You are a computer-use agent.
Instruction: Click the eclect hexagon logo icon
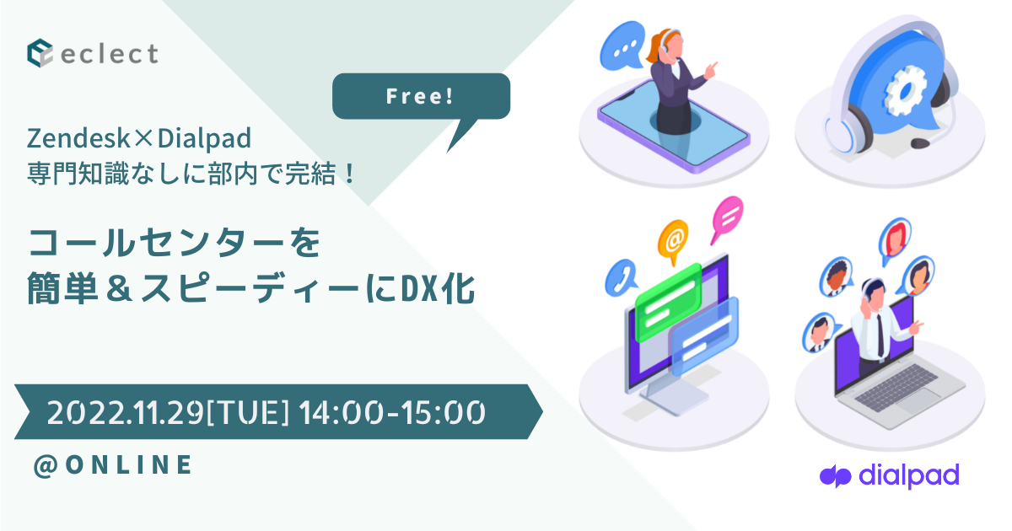[41, 54]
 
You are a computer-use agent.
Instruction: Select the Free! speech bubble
[421, 96]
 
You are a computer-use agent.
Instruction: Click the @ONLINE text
[113, 464]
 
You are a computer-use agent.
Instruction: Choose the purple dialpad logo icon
[834, 476]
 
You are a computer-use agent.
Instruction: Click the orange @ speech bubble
[673, 240]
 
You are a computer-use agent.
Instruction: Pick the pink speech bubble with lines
[726, 216]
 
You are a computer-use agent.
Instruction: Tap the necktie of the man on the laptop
[879, 333]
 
